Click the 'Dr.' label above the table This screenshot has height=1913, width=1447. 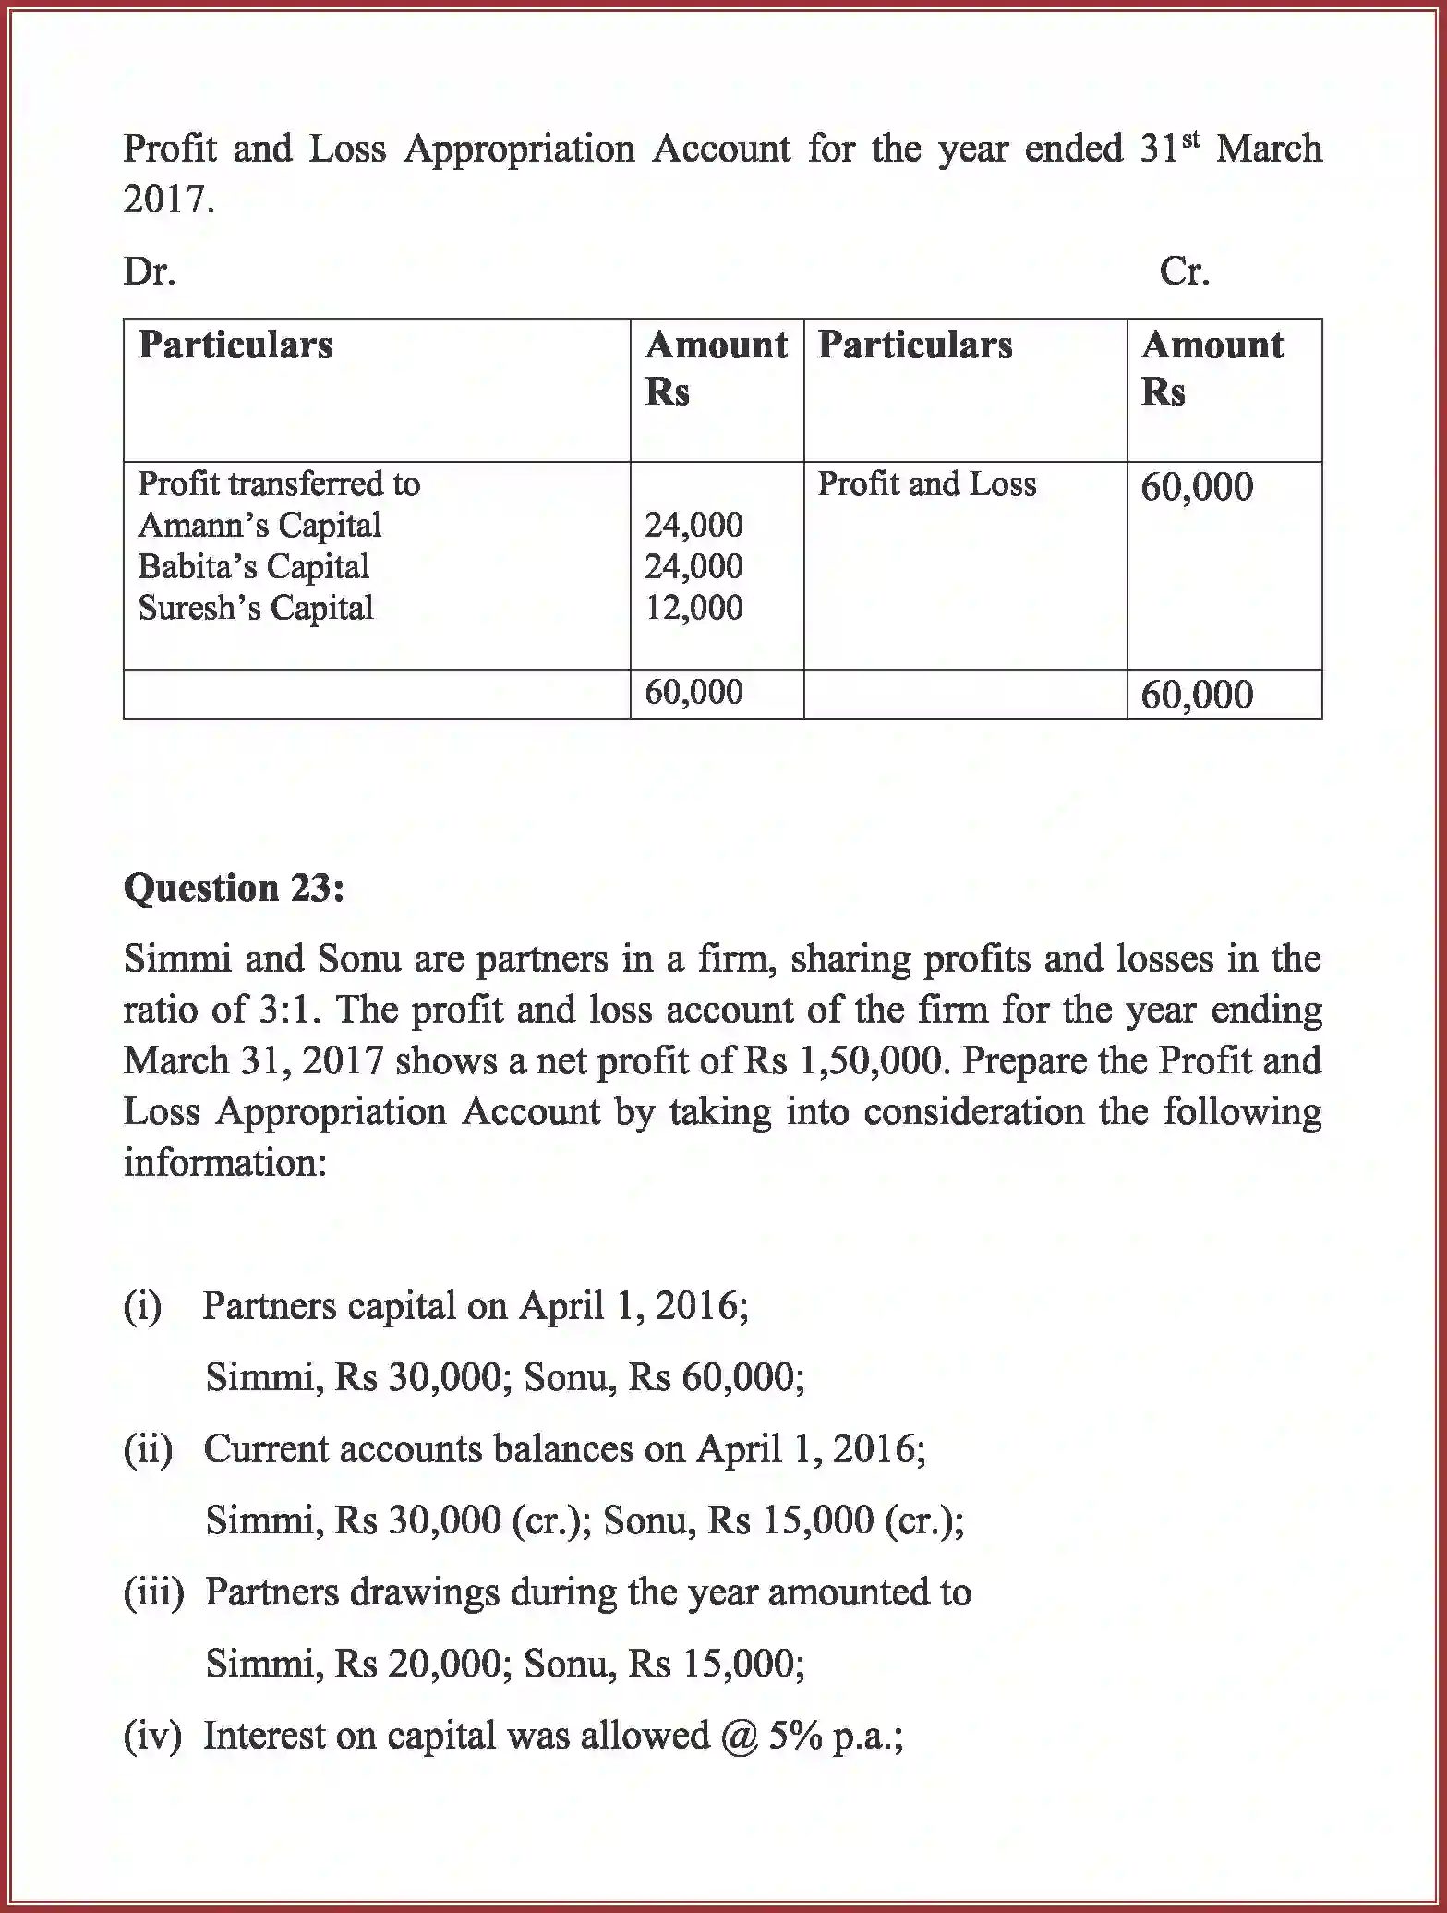[150, 272]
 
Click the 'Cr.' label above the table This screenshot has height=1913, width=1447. [1184, 272]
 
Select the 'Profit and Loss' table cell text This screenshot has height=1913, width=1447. [926, 484]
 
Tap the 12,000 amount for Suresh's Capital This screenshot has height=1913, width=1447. [693, 608]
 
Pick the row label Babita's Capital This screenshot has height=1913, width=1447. [253, 566]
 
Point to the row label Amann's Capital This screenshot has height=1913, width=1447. [259, 525]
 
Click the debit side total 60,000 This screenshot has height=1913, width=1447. [693, 692]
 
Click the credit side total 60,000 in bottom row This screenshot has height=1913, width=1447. [1197, 695]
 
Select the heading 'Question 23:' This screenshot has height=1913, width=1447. [234, 888]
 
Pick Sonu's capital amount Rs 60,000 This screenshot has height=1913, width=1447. [716, 1377]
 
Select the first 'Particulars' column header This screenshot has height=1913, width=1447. [235, 345]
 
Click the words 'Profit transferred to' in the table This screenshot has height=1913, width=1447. [279, 484]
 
